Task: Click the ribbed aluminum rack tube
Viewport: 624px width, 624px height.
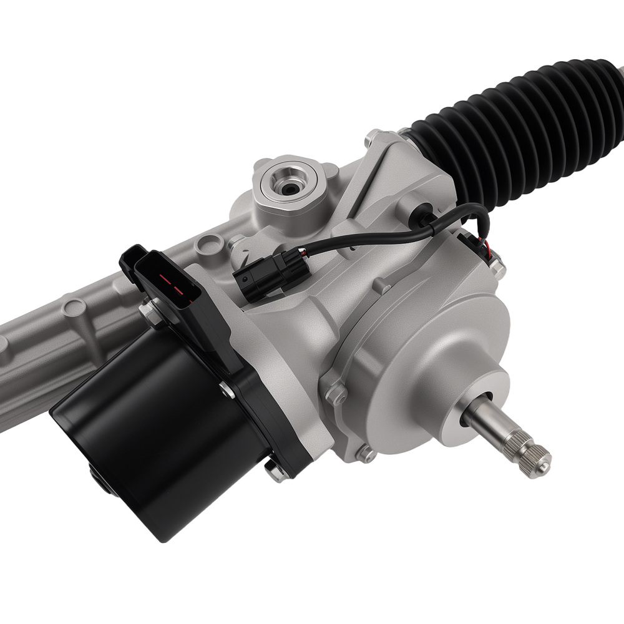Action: (x=50, y=349)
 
